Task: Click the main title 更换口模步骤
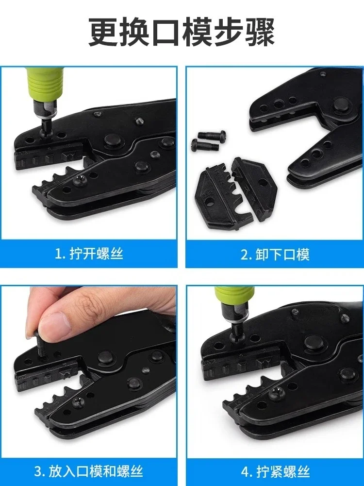(182, 33)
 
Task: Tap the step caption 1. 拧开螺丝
(89, 254)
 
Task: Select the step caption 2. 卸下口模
(275, 255)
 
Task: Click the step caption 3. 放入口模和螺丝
(89, 471)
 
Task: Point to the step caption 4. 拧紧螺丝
(275, 472)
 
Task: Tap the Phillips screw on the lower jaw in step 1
(79, 181)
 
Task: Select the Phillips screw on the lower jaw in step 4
(275, 394)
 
